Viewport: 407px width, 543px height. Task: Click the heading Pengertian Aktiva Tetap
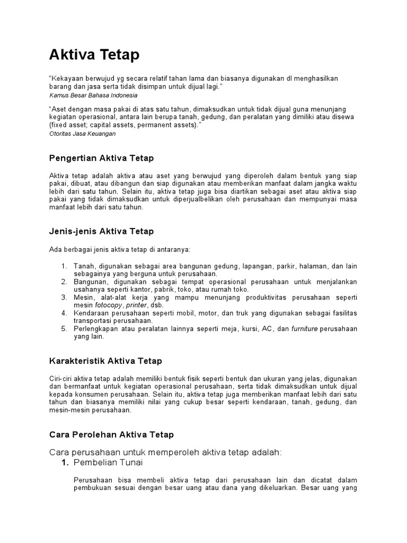[101, 158]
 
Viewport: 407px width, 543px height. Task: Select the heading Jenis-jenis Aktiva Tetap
[101, 231]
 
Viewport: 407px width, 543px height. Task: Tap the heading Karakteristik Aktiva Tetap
[105, 361]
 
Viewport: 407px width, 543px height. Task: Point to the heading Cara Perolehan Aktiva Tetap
[111, 435]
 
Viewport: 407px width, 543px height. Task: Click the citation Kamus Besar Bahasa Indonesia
[93, 95]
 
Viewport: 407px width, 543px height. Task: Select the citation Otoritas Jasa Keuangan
[82, 134]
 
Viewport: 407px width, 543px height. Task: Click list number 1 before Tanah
[64, 266]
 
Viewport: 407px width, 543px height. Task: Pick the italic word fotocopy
[109, 305]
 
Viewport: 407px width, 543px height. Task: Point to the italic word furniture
[305, 329]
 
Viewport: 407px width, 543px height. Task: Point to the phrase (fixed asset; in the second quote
[67, 125]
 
